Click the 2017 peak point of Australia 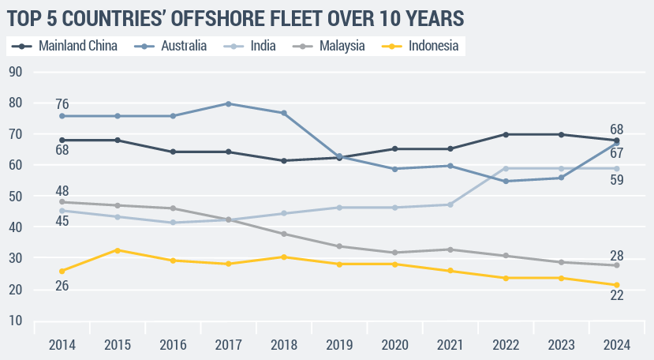(229, 103)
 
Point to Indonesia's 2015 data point (117, 250)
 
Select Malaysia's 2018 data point (284, 234)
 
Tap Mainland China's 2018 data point (284, 160)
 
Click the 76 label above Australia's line (62, 104)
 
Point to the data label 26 (62, 286)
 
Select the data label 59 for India (616, 179)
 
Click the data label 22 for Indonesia (616, 296)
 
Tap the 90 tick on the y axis (15, 72)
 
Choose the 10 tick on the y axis (15, 321)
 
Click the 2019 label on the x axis (338, 344)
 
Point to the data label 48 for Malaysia (62, 190)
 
